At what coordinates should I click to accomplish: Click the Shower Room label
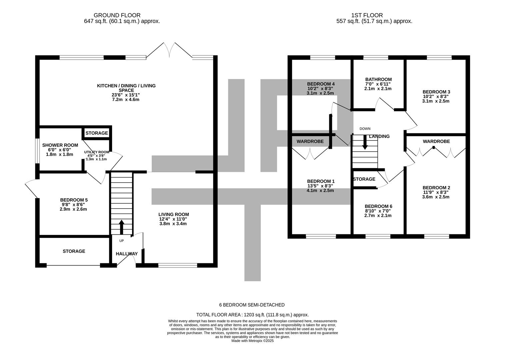coord(60,145)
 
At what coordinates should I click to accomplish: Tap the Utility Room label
coord(97,152)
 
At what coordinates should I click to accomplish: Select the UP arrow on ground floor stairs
coord(121,227)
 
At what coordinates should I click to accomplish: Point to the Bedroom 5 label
coord(74,200)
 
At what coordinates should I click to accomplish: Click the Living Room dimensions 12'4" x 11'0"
coord(173,219)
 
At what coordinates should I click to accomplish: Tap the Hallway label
coord(127,254)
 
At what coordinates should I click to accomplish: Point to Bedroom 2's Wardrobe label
coord(436,141)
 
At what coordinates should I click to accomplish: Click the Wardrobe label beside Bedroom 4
coord(310,141)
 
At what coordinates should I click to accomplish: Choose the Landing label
coord(379,136)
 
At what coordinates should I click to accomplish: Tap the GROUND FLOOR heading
coord(117,15)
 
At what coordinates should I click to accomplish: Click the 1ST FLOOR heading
coord(367,15)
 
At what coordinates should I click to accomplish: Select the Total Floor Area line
coord(252,314)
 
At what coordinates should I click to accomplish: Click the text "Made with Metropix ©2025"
coord(252,341)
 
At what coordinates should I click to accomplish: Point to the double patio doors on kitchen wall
coord(170,50)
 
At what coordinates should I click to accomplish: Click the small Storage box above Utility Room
coord(97,133)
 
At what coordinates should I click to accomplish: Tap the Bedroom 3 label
coord(436,92)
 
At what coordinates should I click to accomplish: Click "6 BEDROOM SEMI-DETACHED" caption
coord(252,305)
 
